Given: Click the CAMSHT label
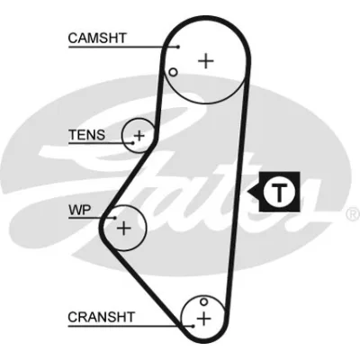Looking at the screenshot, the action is [97, 38].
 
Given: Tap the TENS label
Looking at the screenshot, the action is [87, 135].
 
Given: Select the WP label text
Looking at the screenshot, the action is [80, 210].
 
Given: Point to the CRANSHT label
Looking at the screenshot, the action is [101, 317].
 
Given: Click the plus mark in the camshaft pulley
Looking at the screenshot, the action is [206, 61].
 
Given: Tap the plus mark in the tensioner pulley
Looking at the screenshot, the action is [139, 136].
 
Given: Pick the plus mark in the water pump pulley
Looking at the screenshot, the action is [123, 229].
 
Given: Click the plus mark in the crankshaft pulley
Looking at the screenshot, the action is [204, 319].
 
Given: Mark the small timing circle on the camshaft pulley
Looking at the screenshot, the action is [173, 72].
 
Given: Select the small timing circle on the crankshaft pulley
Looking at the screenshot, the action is [204, 301].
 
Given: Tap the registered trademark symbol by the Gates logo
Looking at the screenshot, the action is [353, 215].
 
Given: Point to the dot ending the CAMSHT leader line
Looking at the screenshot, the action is [178, 47].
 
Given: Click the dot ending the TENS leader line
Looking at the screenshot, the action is [133, 143].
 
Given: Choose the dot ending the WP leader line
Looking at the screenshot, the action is [115, 218].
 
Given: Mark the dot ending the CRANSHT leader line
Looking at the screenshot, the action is [193, 326].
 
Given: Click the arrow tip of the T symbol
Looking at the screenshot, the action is [247, 192].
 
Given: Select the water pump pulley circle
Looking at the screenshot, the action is [146, 228].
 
